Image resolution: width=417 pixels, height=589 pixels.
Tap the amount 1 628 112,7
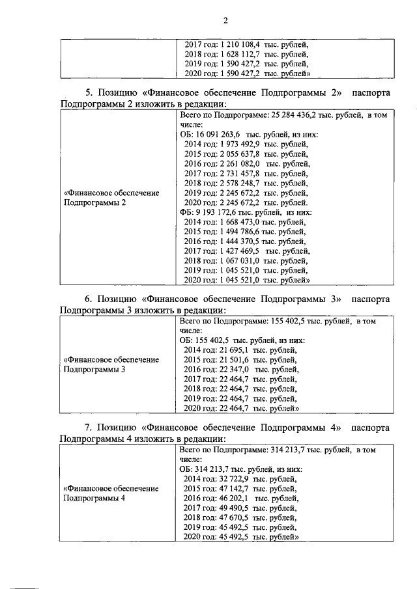237,54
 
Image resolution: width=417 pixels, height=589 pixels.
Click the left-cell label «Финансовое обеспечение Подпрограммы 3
111,364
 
